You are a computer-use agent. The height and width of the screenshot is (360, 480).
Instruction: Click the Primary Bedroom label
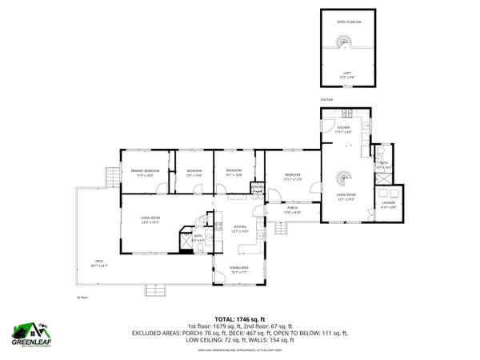tap(140, 172)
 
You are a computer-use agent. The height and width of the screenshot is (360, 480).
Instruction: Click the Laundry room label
tap(390, 205)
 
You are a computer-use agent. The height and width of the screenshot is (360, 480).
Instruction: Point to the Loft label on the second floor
tap(346, 73)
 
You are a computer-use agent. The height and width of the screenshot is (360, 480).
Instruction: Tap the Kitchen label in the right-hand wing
tap(343, 130)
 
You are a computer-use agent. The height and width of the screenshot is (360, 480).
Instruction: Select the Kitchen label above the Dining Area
tap(240, 229)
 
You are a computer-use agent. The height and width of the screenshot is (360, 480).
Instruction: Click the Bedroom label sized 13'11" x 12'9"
tap(293, 177)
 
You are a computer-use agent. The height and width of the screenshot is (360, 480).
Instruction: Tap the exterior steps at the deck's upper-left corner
tap(110, 176)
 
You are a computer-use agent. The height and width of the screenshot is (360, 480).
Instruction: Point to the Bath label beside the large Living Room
tap(198, 238)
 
